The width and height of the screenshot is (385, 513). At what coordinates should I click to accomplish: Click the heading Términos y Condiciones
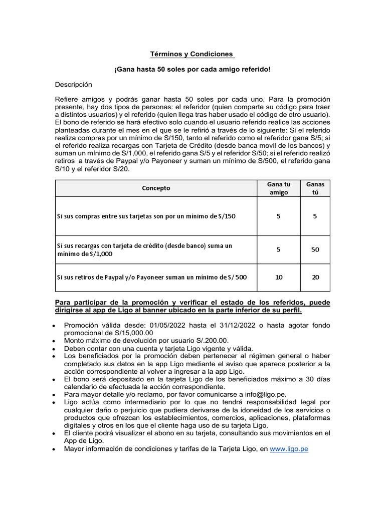[192, 54]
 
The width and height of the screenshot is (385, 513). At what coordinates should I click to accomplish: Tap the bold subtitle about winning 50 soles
[192, 69]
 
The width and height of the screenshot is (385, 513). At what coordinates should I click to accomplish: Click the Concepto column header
[156, 188]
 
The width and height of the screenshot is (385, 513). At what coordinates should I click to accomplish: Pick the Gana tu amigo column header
[279, 188]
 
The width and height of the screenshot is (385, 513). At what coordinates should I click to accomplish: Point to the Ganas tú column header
[315, 188]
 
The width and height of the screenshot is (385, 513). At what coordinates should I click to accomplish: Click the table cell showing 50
[315, 249]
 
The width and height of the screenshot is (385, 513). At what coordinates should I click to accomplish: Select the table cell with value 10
[279, 277]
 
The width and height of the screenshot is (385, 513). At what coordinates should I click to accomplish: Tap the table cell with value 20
[315, 277]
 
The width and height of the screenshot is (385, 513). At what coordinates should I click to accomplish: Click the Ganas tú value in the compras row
[315, 216]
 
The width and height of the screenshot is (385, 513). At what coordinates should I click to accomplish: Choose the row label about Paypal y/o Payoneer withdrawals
[151, 277]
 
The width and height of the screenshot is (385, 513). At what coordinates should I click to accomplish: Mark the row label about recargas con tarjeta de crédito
[145, 249]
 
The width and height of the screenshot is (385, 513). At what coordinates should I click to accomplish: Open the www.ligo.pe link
[289, 449]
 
